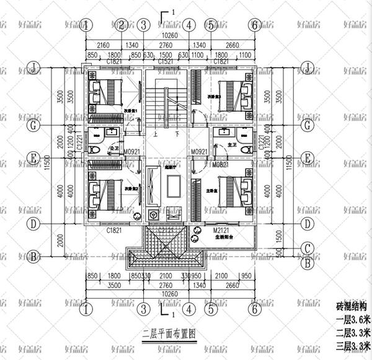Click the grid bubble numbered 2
point(122,25)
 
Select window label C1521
point(166,62)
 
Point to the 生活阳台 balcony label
point(225,236)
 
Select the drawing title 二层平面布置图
point(169,333)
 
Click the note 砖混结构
point(351,307)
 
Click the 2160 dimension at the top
point(104,46)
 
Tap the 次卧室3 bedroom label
point(215,97)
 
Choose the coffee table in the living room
point(172,184)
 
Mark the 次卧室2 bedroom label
point(130,188)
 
